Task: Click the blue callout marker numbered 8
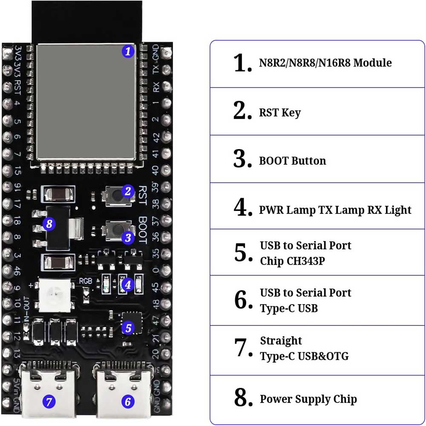click(x=49, y=223)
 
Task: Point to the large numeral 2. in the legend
click(x=242, y=112)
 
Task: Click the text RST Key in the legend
click(x=280, y=113)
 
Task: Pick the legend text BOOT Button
click(x=292, y=161)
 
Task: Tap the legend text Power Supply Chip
click(x=308, y=399)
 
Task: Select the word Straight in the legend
click(x=281, y=341)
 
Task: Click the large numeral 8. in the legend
click(x=242, y=398)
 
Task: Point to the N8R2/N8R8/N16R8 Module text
click(x=325, y=63)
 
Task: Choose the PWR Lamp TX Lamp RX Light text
click(x=335, y=210)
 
